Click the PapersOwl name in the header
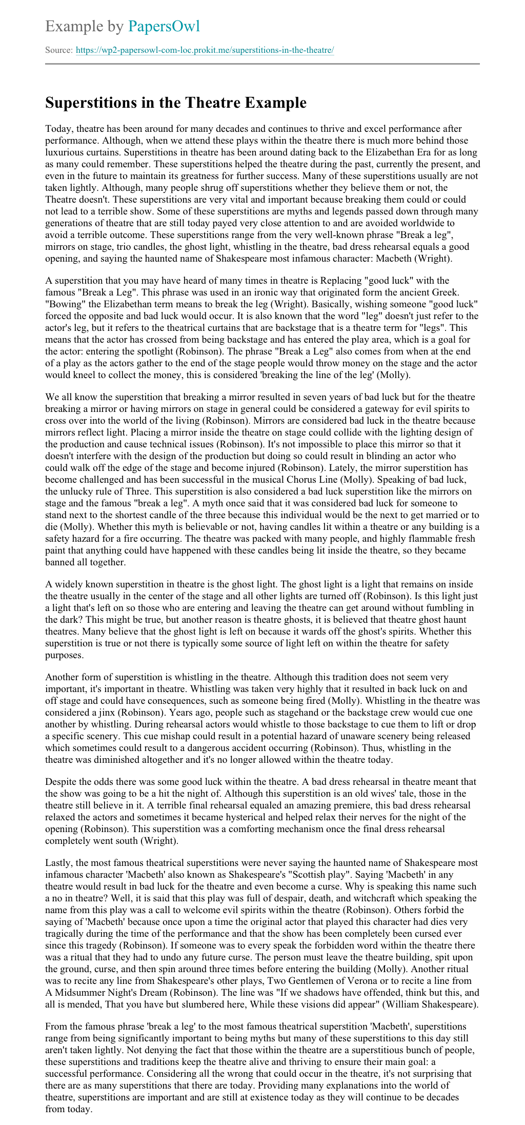tap(164, 26)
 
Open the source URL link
tap(205, 50)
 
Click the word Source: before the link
tap(59, 50)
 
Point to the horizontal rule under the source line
tap(262, 64)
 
